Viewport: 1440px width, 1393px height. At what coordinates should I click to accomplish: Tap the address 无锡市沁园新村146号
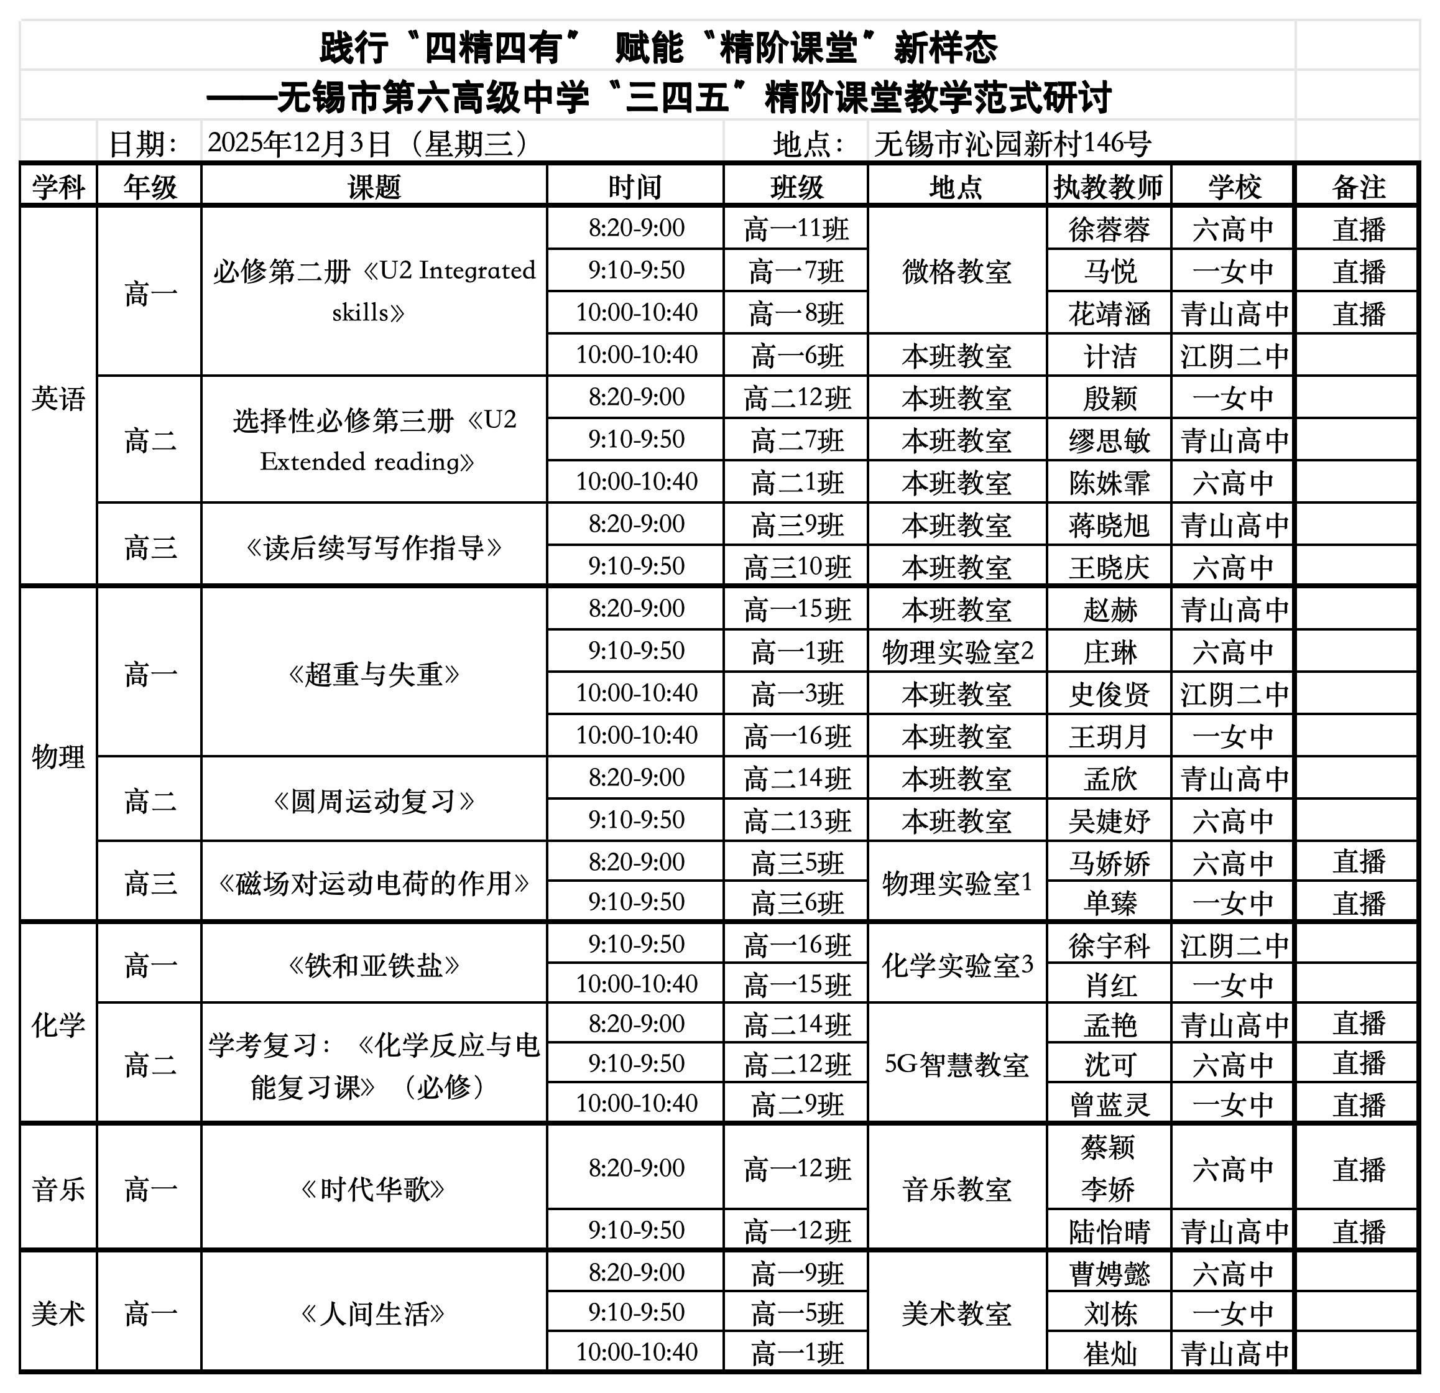(x=1012, y=143)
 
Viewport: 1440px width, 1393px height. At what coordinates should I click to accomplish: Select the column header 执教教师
(x=1108, y=187)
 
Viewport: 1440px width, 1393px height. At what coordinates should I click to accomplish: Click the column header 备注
(x=1359, y=187)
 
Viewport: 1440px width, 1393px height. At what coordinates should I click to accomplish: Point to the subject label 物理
(x=58, y=756)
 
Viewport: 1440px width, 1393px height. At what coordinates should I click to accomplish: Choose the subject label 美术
(x=58, y=1313)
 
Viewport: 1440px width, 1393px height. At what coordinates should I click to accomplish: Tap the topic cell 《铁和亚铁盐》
(x=374, y=965)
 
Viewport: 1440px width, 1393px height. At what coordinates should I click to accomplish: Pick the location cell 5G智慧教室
(x=956, y=1064)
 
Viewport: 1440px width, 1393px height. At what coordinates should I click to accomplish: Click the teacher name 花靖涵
(x=1109, y=313)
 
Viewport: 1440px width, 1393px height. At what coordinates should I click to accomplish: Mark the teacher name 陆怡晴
(x=1109, y=1231)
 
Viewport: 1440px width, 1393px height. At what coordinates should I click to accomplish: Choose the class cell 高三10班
(x=796, y=567)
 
